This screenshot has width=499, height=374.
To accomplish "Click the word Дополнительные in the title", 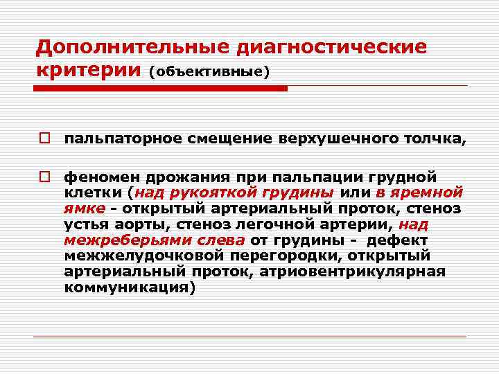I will tap(132, 48).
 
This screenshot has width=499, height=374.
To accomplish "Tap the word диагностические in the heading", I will tap(332, 48).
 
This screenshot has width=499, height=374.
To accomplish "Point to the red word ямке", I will tap(84, 208).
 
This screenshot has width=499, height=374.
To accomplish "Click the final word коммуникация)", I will tap(130, 287).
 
